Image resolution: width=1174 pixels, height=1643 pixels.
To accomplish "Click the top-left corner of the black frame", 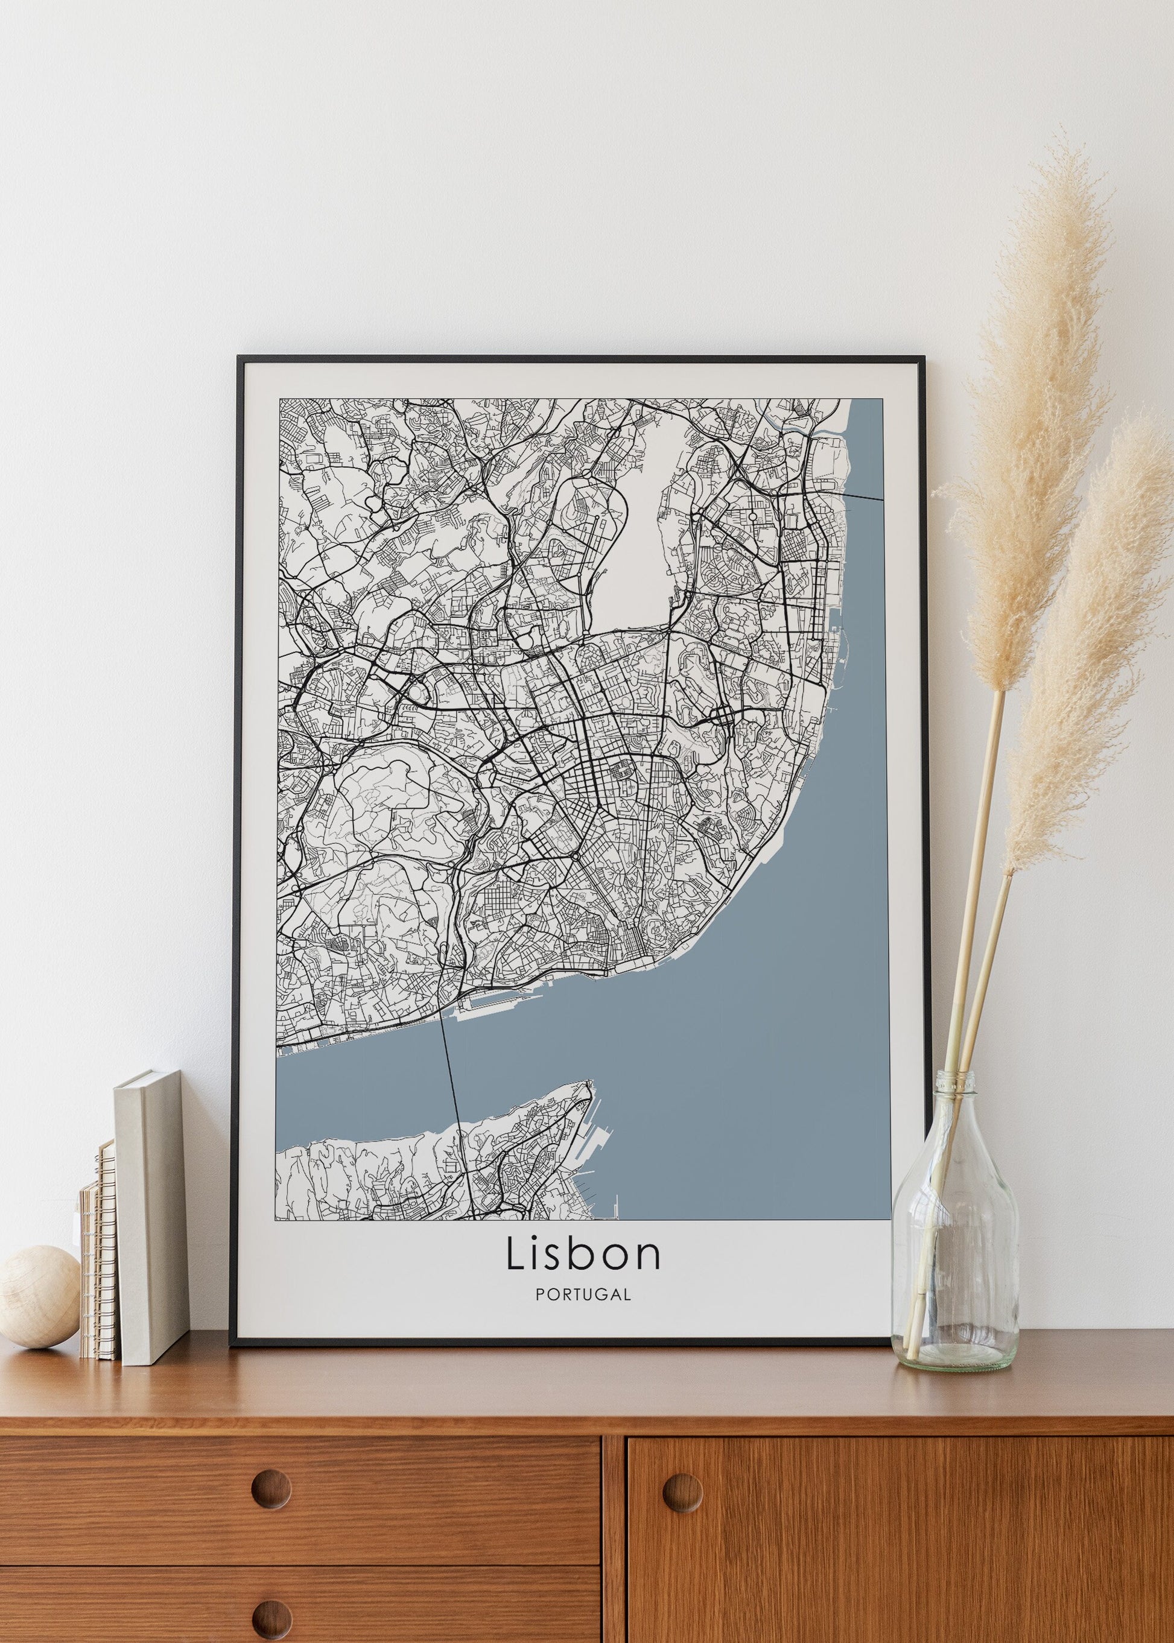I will (241, 358).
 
